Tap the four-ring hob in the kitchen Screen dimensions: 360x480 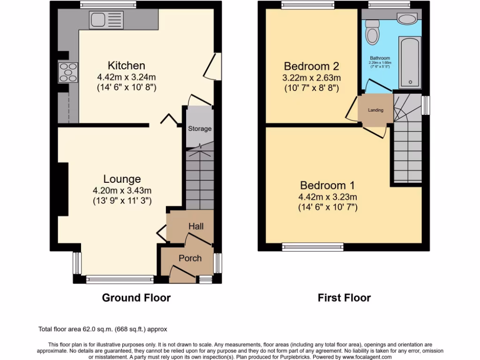click(x=67, y=73)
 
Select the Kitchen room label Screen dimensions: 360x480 click(x=127, y=66)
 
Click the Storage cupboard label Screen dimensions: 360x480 click(x=200, y=128)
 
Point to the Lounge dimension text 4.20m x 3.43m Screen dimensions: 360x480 click(x=122, y=190)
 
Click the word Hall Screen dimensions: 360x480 click(x=196, y=226)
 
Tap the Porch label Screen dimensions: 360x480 click(x=190, y=258)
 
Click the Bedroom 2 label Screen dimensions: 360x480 click(x=311, y=66)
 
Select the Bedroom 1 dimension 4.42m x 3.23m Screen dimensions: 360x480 click(x=328, y=197)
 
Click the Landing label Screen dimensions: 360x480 click(x=375, y=110)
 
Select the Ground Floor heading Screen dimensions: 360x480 click(x=136, y=298)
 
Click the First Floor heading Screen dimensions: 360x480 click(x=344, y=298)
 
